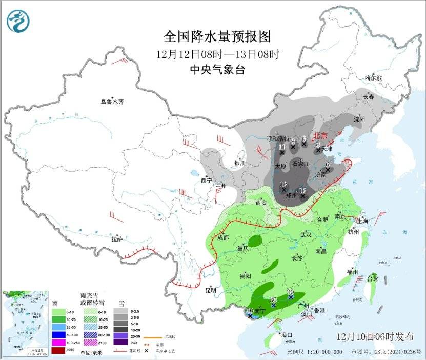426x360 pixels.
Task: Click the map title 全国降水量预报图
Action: [217, 37]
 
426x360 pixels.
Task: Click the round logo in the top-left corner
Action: [18, 21]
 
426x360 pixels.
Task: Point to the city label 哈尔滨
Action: [373, 78]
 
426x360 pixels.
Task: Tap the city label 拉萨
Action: [117, 238]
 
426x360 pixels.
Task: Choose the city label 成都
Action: [222, 237]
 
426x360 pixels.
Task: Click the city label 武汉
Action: [306, 234]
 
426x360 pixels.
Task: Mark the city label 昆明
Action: [210, 290]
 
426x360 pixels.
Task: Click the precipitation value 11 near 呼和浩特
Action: [282, 147]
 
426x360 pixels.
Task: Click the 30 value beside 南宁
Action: [250, 311]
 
